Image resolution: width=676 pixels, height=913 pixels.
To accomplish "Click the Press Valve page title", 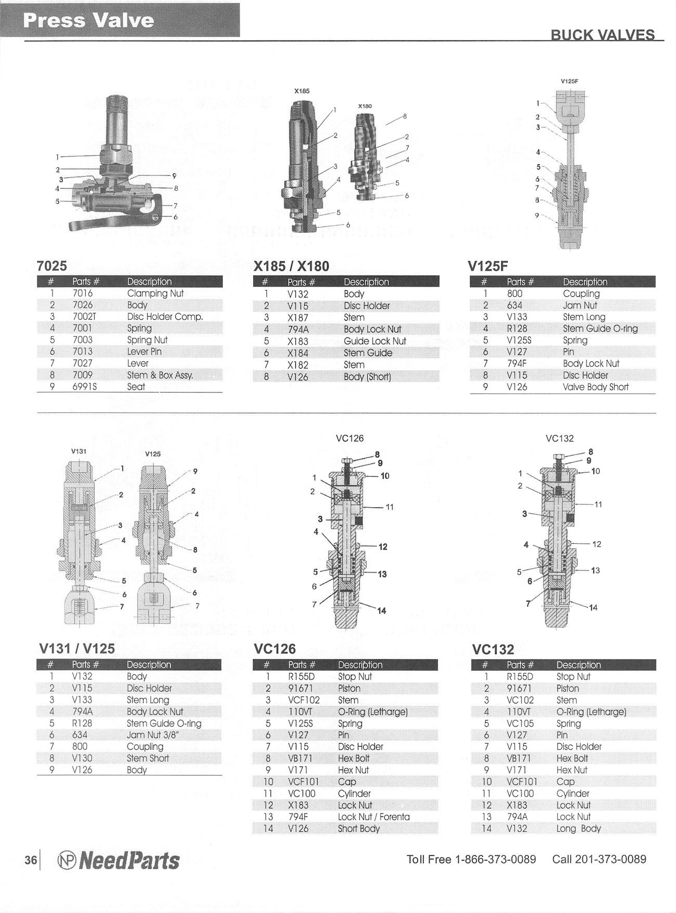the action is [89, 20].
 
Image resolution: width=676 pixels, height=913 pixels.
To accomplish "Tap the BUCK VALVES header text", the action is [603, 35].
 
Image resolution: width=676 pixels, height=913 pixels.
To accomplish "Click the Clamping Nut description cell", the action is [155, 293].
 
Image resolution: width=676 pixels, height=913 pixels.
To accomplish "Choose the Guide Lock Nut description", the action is [375, 341].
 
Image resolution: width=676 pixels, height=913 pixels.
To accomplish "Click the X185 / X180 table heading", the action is [291, 266].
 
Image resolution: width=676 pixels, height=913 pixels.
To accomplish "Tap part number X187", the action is [298, 318].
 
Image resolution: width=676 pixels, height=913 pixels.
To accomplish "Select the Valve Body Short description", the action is [596, 387].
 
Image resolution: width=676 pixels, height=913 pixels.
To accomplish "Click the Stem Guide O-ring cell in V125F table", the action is [601, 329].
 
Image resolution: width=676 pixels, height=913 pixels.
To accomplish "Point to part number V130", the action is [82, 758].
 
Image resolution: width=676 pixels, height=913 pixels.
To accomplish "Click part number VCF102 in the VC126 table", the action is [304, 700].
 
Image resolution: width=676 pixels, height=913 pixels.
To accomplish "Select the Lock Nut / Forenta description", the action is [374, 817].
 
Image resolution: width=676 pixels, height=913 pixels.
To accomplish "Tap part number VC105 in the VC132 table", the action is [521, 723].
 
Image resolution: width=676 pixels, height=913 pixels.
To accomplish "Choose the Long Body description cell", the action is [579, 829].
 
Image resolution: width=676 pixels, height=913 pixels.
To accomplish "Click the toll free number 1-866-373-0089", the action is [495, 859].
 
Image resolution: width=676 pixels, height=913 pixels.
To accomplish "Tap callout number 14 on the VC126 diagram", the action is [382, 611].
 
